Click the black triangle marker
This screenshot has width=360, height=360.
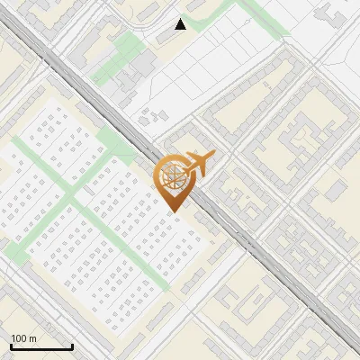point(181,24)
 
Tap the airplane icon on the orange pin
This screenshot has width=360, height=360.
point(201,163)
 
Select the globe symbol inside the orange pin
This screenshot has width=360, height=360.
point(173,175)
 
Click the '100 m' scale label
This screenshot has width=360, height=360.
point(24,338)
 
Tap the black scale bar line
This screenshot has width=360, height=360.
point(41,347)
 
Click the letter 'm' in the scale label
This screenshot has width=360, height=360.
point(33,338)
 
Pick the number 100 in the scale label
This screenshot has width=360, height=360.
point(20,338)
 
